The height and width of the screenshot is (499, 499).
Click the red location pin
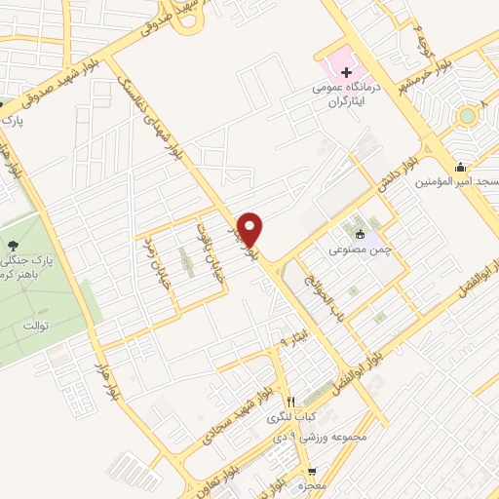251,228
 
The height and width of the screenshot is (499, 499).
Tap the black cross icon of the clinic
346,73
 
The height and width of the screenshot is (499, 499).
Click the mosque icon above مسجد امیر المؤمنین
460,167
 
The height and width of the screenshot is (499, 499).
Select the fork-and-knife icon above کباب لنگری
290,401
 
